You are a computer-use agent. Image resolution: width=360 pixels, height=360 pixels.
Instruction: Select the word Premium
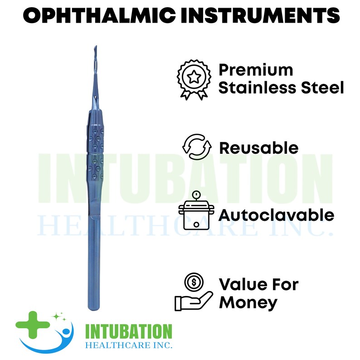click(256, 70)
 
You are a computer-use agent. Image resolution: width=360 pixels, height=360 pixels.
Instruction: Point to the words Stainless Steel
click(281, 88)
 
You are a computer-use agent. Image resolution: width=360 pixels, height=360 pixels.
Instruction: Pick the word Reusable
click(258, 148)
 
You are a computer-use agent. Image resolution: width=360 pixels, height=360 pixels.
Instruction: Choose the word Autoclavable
click(277, 214)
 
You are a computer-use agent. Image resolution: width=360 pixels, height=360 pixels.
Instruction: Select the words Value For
click(258, 285)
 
